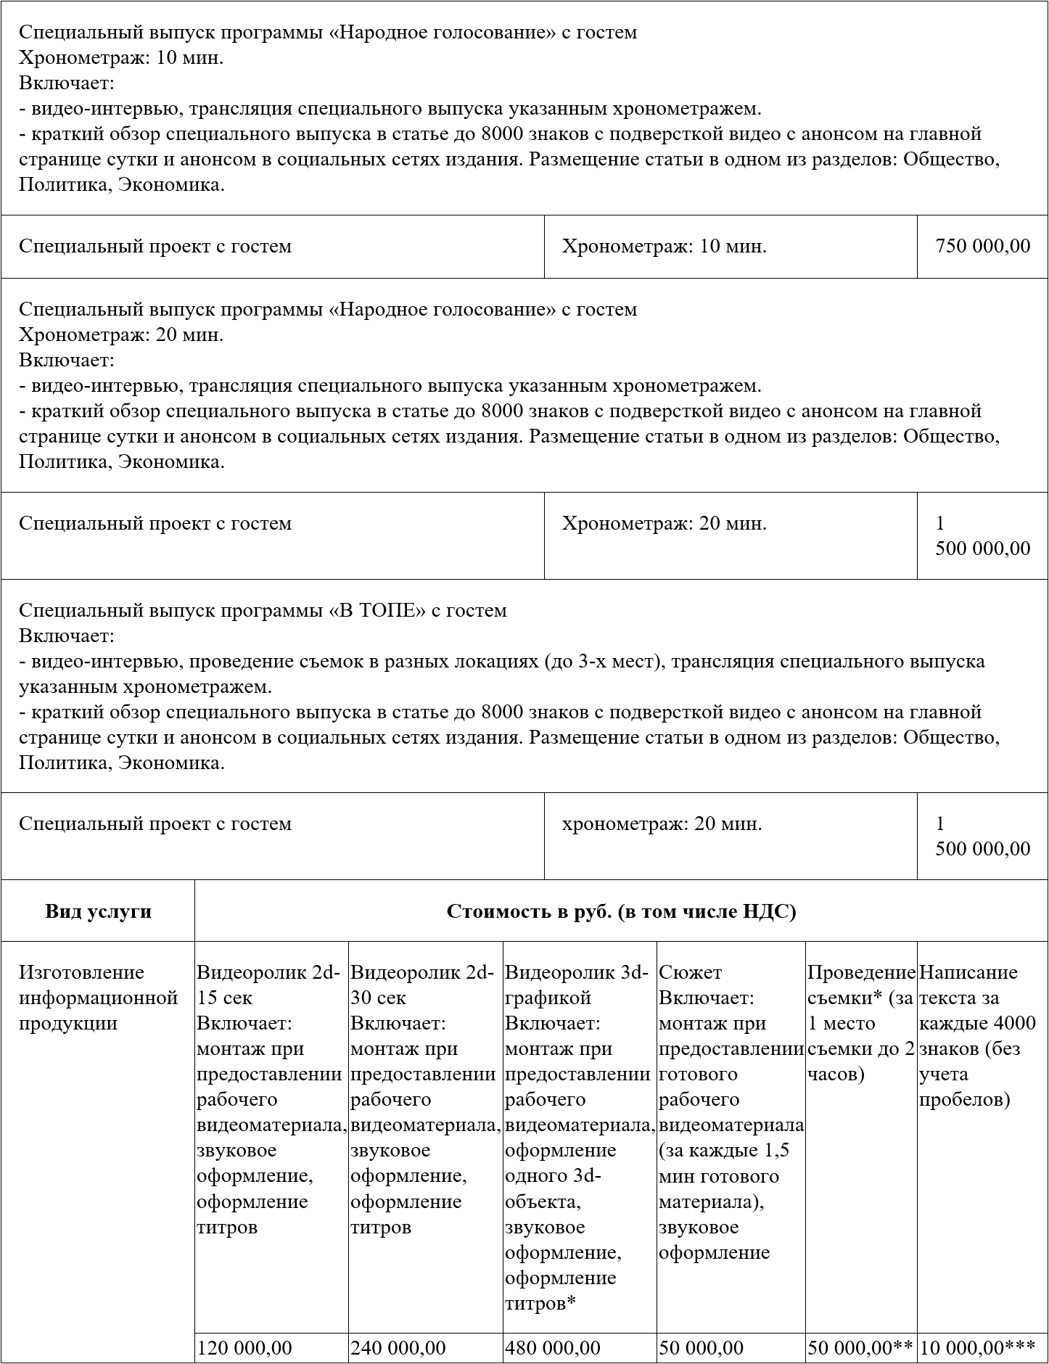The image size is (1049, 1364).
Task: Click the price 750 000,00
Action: click(x=982, y=246)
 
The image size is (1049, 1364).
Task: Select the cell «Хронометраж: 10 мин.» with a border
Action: click(x=664, y=246)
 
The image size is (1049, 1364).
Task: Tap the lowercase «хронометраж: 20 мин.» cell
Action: click(x=662, y=823)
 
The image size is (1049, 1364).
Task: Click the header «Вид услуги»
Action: click(x=98, y=911)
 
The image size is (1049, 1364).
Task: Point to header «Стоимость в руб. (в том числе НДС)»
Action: click(x=621, y=911)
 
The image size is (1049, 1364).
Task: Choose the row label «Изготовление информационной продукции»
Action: click(x=98, y=998)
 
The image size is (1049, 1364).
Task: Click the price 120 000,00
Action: click(x=244, y=1347)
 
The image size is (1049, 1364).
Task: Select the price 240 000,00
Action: click(x=398, y=1347)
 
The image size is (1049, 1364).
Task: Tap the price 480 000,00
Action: click(x=553, y=1347)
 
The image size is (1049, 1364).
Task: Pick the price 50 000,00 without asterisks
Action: click(x=701, y=1347)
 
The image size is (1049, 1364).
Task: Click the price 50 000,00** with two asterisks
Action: click(x=860, y=1347)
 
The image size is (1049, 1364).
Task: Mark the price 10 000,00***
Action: click(x=976, y=1347)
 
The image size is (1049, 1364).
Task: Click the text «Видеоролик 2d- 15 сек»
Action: click(x=268, y=985)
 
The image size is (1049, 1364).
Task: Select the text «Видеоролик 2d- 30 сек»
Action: click(x=422, y=985)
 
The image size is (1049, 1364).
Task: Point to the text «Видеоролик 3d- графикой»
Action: click(x=577, y=985)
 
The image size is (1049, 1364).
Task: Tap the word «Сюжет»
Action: click(x=690, y=972)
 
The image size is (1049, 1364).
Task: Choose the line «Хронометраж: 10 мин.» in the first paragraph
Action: click(x=121, y=58)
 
